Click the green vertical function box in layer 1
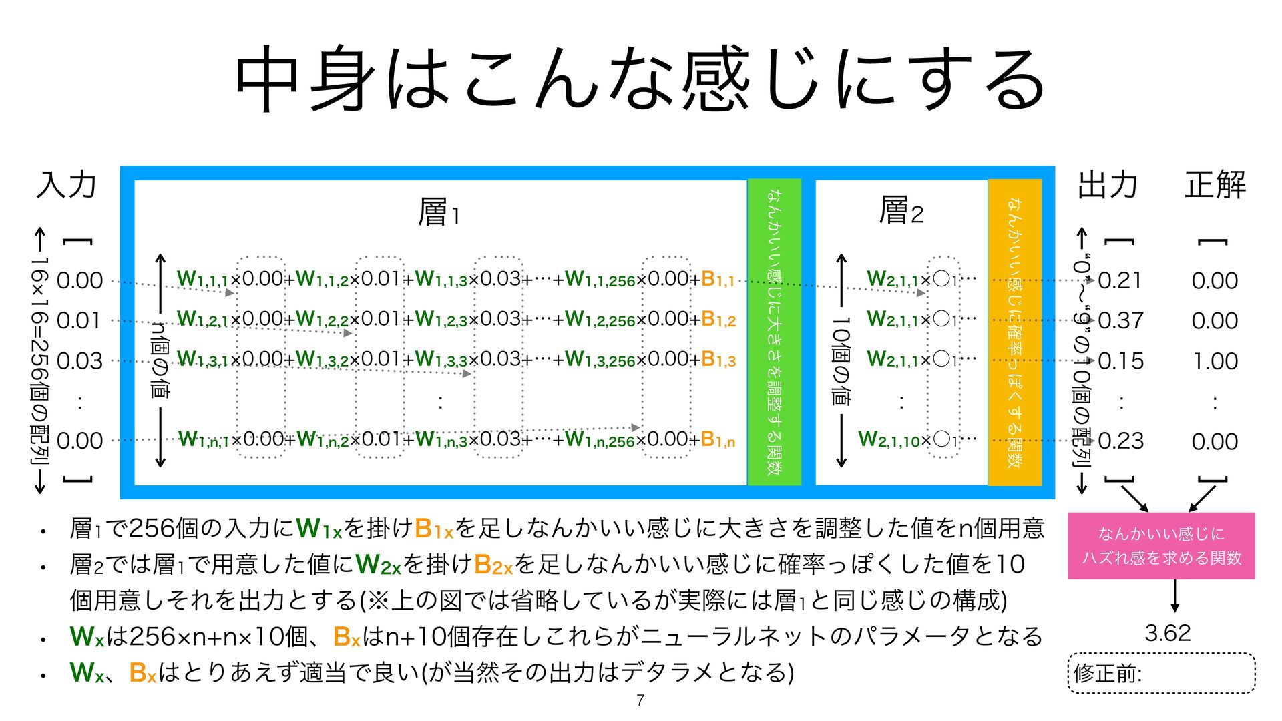(774, 332)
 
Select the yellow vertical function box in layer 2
(1014, 332)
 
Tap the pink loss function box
(1161, 545)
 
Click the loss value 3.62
(1167, 632)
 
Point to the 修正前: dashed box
(1161, 673)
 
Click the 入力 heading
(67, 184)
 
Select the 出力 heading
(1108, 184)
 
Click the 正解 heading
(1215, 184)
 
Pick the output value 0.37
(1120, 320)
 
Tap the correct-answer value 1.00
(1215, 361)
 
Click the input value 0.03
(79, 361)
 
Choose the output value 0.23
(1120, 441)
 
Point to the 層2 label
(901, 210)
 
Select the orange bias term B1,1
(718, 279)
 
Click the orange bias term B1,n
(718, 439)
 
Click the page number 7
(640, 700)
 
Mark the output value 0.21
(1120, 280)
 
